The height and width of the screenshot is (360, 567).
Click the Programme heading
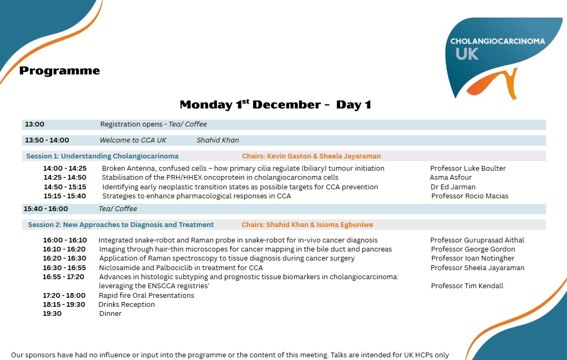click(x=60, y=71)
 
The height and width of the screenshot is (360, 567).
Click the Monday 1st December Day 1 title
click(x=275, y=105)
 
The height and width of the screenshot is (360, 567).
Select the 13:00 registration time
click(x=35, y=124)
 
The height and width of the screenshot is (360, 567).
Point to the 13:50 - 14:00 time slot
click(x=47, y=140)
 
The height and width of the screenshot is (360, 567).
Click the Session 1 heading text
click(x=102, y=156)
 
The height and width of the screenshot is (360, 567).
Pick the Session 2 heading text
click(x=121, y=225)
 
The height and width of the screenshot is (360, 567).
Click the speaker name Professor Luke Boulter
click(x=468, y=169)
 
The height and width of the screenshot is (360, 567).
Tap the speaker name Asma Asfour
click(x=451, y=178)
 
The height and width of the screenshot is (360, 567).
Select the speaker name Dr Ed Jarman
click(x=453, y=187)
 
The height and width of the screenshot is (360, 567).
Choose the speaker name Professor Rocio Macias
click(x=470, y=196)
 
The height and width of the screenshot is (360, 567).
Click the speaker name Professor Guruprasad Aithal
click(x=477, y=240)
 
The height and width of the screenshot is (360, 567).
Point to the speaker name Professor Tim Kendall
click(x=467, y=286)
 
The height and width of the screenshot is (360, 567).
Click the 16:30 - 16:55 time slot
click(x=64, y=268)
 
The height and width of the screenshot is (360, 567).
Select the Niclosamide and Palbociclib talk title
click(x=181, y=268)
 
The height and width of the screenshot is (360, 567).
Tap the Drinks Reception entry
click(x=127, y=305)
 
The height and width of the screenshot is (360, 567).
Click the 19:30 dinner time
click(x=52, y=314)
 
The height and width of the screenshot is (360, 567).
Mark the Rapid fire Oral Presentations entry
click(x=146, y=296)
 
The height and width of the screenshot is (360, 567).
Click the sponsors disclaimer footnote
click(x=230, y=355)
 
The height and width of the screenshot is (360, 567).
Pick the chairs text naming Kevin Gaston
click(x=311, y=156)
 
